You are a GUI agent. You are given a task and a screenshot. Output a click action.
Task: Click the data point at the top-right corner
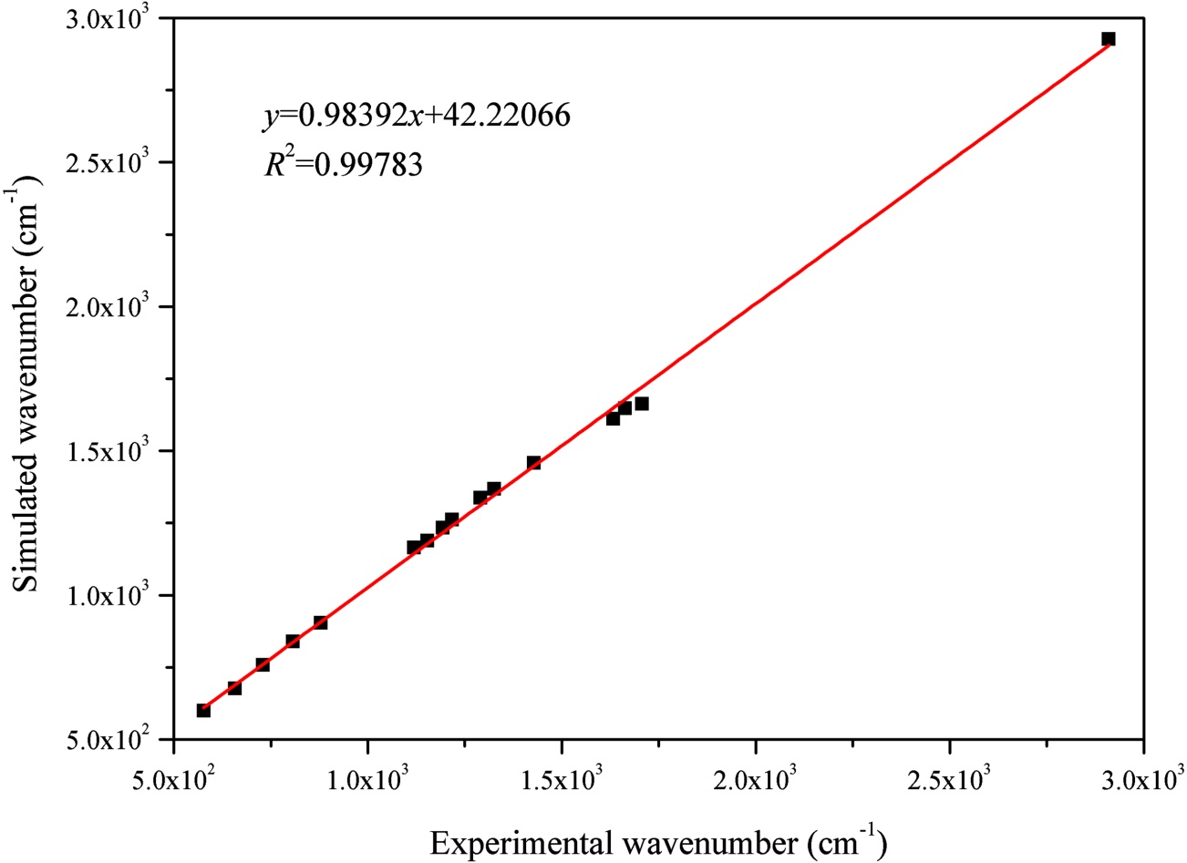point(1108,39)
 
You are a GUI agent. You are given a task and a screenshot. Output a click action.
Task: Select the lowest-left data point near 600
point(203,710)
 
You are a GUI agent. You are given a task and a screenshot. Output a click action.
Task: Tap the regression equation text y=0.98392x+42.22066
point(416,115)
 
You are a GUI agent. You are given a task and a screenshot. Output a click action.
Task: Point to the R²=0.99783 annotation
point(343,163)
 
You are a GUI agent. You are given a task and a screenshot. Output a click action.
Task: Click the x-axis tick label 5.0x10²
point(174,781)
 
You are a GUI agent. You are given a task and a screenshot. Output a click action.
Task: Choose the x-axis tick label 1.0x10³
point(367,781)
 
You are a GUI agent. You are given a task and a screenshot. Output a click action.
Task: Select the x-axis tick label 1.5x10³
point(562,781)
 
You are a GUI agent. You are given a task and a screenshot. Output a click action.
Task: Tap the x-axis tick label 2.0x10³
point(756,781)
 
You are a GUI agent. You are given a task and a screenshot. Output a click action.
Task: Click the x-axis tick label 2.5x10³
point(950,781)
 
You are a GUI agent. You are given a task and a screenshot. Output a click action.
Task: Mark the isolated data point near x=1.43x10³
point(533,463)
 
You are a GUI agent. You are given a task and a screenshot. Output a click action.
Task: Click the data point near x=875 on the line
point(320,622)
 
